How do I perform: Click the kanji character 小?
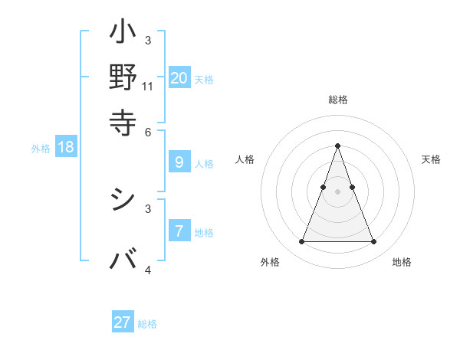(x=123, y=34)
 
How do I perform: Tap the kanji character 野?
(x=123, y=77)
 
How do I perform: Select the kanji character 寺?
(x=123, y=120)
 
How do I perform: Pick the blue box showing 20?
(x=179, y=77)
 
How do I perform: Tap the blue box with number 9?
(x=179, y=162)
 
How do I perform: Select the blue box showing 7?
(x=179, y=231)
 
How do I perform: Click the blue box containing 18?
(x=66, y=147)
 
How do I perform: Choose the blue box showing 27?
(x=123, y=322)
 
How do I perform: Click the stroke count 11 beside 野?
(x=148, y=87)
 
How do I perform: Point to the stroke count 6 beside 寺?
(x=148, y=132)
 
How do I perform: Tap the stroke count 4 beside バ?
(x=148, y=270)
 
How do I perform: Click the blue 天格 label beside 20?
(x=204, y=79)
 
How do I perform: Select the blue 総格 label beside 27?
(x=147, y=324)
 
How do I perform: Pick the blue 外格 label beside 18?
(x=41, y=149)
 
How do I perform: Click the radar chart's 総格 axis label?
(x=337, y=100)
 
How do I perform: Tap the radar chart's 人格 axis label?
(x=245, y=159)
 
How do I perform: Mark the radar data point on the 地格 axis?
(x=373, y=242)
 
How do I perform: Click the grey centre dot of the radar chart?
(x=337, y=191)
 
